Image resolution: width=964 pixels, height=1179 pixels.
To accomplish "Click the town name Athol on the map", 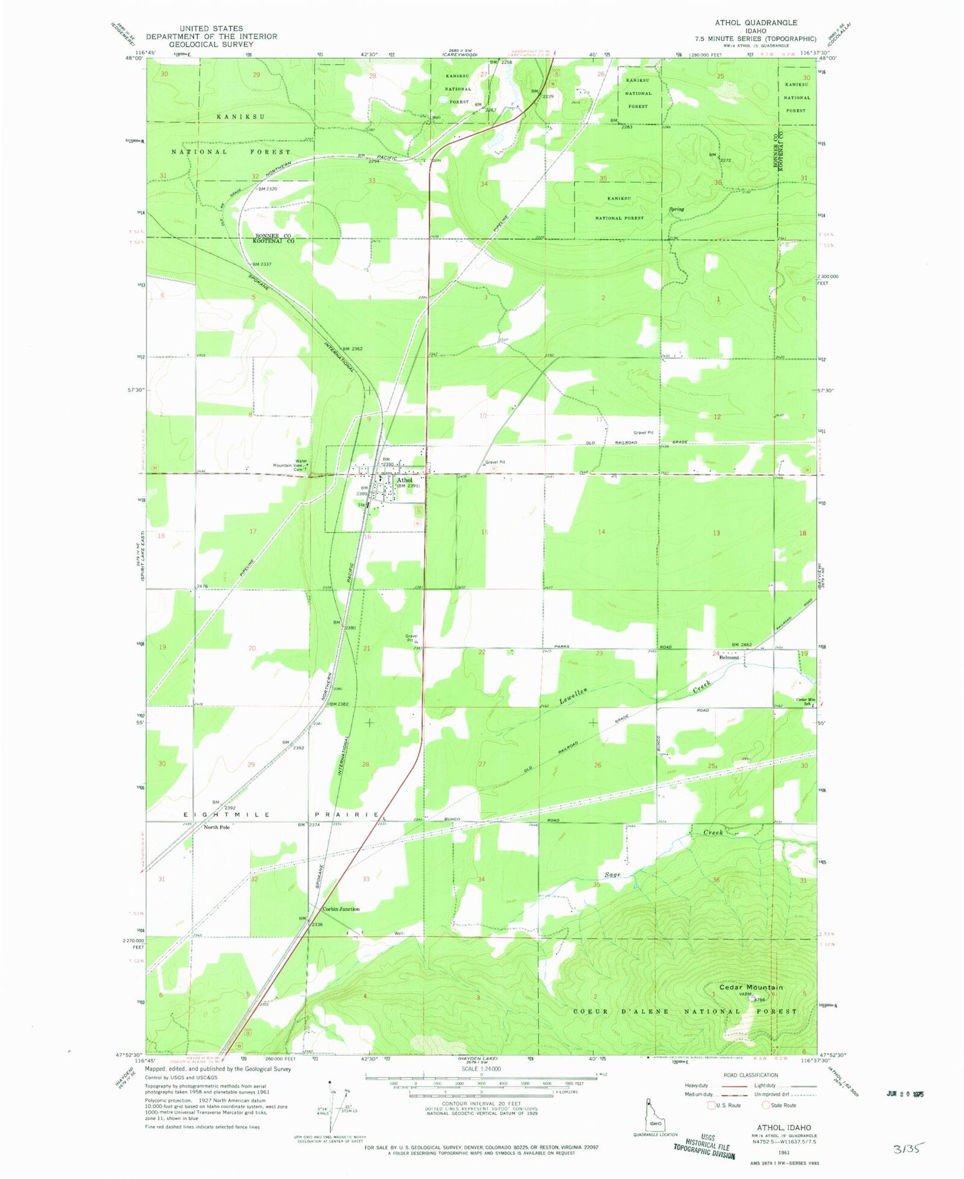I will coord(405,480).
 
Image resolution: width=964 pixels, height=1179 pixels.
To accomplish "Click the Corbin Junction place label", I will coord(341,909).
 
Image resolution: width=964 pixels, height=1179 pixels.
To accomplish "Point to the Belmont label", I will coord(729,658).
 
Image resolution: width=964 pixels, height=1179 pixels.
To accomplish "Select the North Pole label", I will coord(217,828).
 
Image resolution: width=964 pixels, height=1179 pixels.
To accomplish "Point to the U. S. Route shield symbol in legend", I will coord(711,1105).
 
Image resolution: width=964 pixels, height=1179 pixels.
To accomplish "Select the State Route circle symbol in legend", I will coord(766,1105).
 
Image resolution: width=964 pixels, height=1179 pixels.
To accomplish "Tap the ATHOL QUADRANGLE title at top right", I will coord(756,22).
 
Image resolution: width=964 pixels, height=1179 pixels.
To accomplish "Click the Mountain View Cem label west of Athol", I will coord(290,467).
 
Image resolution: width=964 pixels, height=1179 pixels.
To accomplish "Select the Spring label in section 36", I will coord(676,209).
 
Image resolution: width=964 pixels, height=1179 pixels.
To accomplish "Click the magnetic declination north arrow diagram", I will coord(334,1106).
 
